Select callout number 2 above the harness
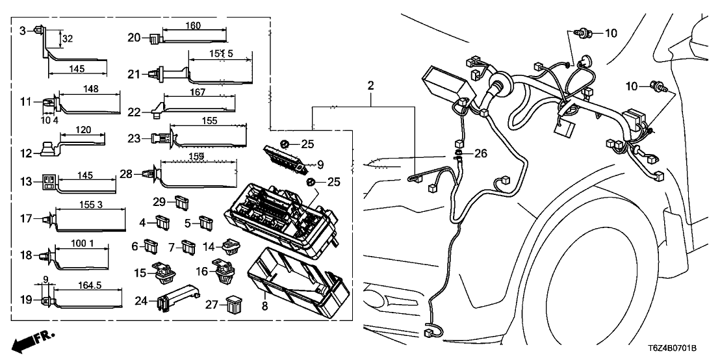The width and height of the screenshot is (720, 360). click(370, 84)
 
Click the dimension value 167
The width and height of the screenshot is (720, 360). click(189, 93)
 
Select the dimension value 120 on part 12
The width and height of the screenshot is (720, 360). click(83, 130)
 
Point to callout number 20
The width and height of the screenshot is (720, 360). click(133, 38)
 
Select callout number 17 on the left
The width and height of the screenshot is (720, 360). click(26, 219)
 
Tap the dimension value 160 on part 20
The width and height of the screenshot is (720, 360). click(192, 25)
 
